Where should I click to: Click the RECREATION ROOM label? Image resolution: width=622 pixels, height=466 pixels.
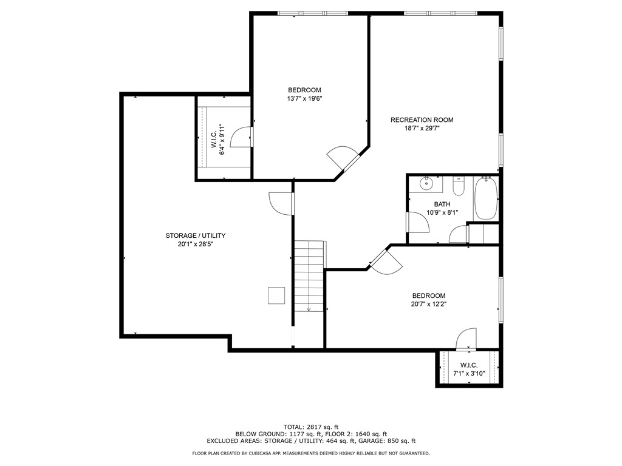pyautogui.click(x=422, y=120)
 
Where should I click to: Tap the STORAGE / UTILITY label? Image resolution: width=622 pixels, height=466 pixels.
pyautogui.click(x=191, y=235)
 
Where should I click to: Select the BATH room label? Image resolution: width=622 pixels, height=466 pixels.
pyautogui.click(x=442, y=204)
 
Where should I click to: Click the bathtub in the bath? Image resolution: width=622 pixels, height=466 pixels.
pyautogui.click(x=485, y=198)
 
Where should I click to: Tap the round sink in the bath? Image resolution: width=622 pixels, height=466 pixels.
pyautogui.click(x=427, y=182)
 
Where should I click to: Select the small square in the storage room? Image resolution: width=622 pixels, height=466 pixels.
pyautogui.click(x=276, y=295)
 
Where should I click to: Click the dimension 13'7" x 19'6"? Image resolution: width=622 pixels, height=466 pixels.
pyautogui.click(x=304, y=98)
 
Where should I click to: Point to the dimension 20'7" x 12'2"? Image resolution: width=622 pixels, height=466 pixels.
pyautogui.click(x=428, y=305)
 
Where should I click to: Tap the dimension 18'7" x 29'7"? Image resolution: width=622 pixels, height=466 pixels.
pyautogui.click(x=422, y=129)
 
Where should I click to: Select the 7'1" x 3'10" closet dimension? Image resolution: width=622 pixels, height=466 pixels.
pyautogui.click(x=469, y=373)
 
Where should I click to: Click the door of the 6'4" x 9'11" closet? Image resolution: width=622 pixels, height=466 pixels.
pyautogui.click(x=243, y=137)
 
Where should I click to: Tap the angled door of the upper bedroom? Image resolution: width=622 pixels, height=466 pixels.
pyautogui.click(x=343, y=159)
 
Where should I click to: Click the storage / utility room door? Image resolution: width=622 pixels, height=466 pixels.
pyautogui.click(x=281, y=203)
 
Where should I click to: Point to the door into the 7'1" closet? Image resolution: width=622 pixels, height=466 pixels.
pyautogui.click(x=467, y=339)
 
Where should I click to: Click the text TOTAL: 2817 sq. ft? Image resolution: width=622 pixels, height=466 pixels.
pyautogui.click(x=311, y=427)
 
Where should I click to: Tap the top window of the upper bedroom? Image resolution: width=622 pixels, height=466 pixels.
pyautogui.click(x=313, y=13)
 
